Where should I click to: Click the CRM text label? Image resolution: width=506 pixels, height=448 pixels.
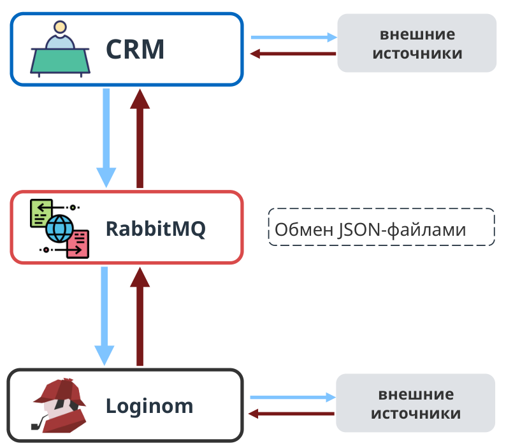(x=135, y=49)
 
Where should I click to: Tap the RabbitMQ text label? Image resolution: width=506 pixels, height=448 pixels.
(x=155, y=229)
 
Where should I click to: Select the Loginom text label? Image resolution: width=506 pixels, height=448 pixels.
(x=149, y=406)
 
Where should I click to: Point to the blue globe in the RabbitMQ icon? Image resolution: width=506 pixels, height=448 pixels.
(x=60, y=229)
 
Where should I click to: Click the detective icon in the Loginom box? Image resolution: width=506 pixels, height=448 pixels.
(x=59, y=405)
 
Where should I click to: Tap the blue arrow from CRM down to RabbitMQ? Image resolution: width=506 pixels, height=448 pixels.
(x=106, y=138)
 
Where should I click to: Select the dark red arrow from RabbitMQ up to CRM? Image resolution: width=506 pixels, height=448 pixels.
(x=140, y=138)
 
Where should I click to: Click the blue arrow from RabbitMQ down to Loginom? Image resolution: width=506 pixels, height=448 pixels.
(x=105, y=316)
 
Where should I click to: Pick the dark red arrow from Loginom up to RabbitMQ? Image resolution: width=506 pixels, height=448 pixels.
(x=140, y=316)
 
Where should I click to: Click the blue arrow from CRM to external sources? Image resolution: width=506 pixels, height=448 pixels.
(x=294, y=37)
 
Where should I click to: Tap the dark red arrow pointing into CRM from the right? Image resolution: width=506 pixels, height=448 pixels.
(x=293, y=54)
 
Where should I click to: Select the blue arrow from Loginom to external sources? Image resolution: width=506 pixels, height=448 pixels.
(x=293, y=397)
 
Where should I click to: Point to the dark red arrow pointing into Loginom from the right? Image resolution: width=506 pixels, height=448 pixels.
(x=291, y=414)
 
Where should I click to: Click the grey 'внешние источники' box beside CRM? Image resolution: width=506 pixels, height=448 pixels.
(x=417, y=43)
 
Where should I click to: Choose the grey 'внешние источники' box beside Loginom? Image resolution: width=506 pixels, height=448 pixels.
(x=416, y=403)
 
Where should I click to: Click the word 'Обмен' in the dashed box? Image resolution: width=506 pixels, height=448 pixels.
(x=304, y=229)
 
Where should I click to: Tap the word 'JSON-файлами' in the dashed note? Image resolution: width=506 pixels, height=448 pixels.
(x=402, y=230)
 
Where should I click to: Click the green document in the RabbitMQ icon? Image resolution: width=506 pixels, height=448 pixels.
(x=41, y=213)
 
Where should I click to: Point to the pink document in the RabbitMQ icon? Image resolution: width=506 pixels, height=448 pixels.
(x=78, y=244)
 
